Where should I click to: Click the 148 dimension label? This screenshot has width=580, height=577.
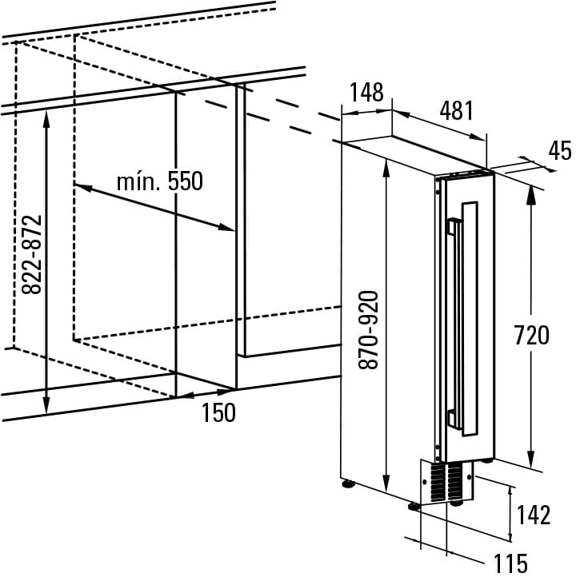(366, 93)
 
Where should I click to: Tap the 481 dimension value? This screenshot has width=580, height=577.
(457, 110)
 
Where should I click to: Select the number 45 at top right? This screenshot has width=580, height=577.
(560, 150)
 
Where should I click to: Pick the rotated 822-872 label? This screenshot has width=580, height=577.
(30, 254)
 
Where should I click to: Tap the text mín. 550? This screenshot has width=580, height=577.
(159, 181)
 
